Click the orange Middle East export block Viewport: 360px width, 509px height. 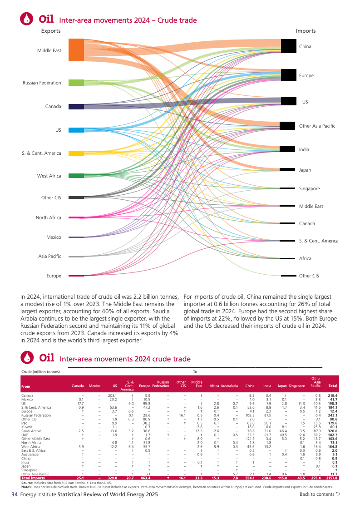(76, 50)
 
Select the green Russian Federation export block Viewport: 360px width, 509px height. (76, 83)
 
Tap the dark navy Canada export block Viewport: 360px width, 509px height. (76, 107)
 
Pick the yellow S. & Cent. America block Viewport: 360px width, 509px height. (76, 153)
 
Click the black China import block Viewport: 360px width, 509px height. (289, 46)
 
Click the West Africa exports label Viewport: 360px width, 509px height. (49, 176)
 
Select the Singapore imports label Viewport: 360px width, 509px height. (309, 188)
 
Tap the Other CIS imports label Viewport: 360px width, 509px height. (309, 276)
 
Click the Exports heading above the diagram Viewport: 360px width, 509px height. (51, 31)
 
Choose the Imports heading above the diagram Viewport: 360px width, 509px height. (306, 31)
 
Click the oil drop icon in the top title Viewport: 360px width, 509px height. (27, 18)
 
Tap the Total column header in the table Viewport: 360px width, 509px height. (333, 386)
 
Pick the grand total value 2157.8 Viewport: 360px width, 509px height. (332, 478)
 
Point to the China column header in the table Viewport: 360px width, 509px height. (250, 386)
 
